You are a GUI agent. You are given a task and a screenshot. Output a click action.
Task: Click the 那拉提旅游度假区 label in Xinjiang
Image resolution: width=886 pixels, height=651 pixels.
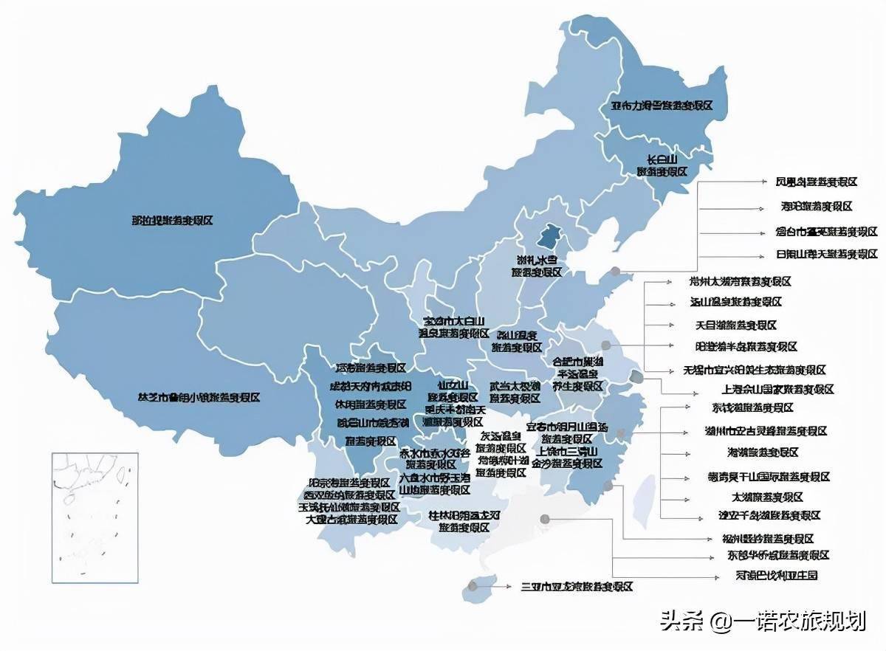tap(172, 221)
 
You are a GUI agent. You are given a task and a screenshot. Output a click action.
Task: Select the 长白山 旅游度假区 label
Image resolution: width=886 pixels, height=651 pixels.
tap(662, 165)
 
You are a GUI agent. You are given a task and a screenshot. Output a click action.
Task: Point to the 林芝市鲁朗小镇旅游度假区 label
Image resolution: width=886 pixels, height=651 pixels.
tap(199, 397)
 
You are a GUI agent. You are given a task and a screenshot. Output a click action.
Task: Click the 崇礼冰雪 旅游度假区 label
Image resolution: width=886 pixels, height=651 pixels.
tap(537, 266)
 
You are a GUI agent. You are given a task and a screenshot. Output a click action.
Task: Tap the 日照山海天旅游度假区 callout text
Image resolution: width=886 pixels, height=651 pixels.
tap(826, 255)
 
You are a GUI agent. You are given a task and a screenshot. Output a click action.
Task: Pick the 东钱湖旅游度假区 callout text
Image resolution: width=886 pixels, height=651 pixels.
tap(741, 407)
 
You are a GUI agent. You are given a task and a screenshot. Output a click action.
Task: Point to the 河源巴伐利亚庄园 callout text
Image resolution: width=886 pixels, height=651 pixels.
tap(766, 575)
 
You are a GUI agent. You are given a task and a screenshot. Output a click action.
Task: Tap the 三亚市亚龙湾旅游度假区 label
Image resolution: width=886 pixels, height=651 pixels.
tap(577, 587)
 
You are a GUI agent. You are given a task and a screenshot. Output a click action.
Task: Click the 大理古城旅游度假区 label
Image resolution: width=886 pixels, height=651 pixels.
tap(351, 519)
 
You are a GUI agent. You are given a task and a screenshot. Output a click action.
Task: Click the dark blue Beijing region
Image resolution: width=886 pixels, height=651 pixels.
tap(548, 236)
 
